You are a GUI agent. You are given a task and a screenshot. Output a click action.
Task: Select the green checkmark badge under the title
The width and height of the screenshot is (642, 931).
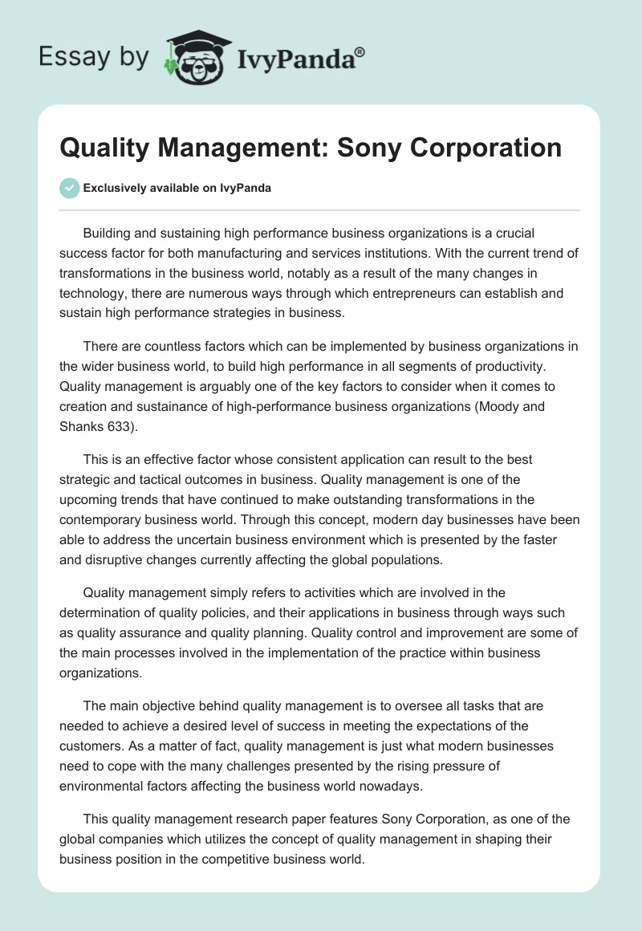click(x=69, y=189)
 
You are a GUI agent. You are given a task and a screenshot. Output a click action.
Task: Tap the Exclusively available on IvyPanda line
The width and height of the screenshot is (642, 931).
click(x=177, y=189)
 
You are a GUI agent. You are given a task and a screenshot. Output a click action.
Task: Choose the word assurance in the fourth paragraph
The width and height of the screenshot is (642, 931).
click(x=146, y=633)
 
